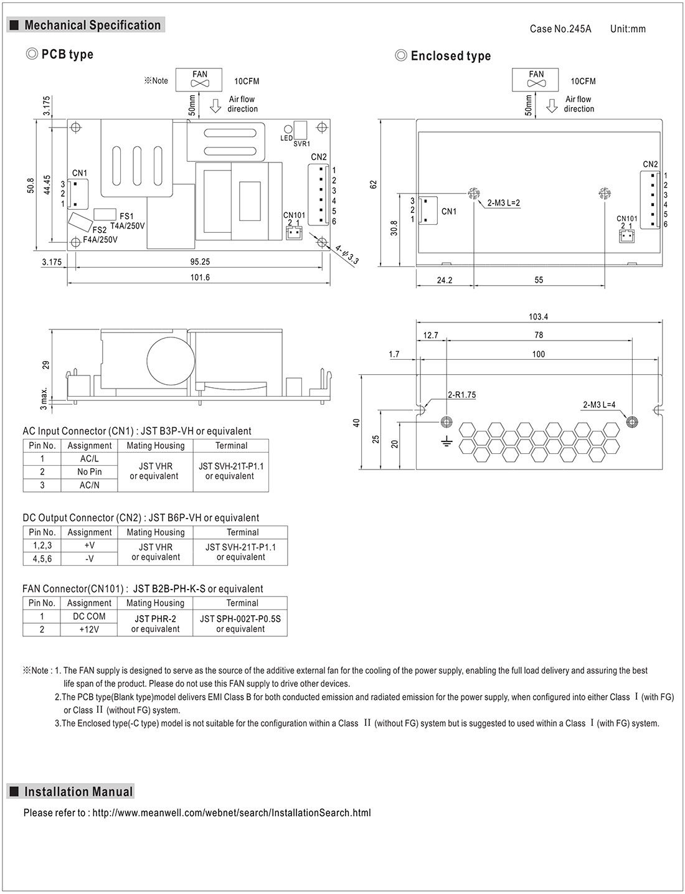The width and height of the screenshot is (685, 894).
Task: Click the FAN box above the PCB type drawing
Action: coord(199,80)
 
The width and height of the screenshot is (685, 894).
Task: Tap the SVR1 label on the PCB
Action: coord(301,144)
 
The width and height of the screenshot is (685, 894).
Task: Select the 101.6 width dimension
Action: coord(200,277)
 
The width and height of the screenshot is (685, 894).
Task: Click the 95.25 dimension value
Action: coord(200,261)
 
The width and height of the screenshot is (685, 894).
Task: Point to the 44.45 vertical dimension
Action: coord(47,185)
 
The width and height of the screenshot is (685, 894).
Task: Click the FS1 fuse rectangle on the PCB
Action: coord(105,214)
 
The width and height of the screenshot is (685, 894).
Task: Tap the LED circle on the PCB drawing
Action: coord(288,129)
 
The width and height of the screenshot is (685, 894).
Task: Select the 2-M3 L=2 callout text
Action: coord(504,203)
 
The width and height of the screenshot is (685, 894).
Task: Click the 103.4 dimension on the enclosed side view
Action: coord(538,317)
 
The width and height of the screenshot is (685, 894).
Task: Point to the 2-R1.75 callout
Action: coord(461,395)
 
